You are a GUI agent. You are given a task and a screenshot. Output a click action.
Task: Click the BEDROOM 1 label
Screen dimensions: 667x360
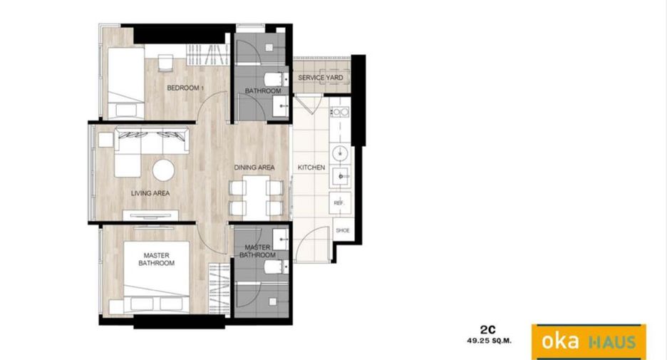(185, 88)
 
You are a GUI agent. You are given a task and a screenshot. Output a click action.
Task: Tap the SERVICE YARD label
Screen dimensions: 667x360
(320, 78)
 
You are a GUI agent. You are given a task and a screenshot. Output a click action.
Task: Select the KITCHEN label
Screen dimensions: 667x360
(311, 168)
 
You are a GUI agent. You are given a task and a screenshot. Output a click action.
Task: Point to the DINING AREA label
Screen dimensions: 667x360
(254, 168)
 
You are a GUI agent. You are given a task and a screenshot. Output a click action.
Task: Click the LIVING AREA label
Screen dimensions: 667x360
(150, 193)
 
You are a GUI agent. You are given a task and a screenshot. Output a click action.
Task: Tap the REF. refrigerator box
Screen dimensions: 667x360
(339, 202)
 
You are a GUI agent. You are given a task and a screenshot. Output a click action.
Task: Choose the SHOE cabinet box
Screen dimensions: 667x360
(343, 230)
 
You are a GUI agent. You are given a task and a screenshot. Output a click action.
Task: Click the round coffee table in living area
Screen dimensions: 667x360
(163, 170)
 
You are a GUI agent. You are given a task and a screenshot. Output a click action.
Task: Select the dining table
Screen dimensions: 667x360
(256, 198)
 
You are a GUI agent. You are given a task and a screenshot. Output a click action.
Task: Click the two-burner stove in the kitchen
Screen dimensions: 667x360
(341, 112)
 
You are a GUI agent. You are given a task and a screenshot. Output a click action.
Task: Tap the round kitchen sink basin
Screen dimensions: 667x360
(341, 152)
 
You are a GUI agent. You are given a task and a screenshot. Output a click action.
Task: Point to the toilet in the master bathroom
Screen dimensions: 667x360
(276, 267)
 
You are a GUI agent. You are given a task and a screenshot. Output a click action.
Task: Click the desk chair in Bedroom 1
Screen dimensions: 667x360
(165, 63)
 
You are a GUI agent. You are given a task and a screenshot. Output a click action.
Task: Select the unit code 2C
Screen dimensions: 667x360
(488, 330)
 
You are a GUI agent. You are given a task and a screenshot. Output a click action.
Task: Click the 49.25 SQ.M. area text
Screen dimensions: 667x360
(489, 341)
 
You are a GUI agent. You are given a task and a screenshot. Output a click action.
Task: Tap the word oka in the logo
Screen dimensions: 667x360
(560, 341)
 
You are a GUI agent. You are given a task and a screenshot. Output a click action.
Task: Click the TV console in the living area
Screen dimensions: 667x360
(150, 215)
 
